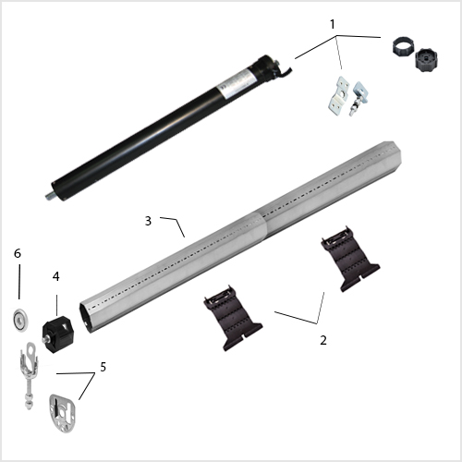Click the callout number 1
point(333,24)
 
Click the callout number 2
point(323,340)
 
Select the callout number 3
point(148,221)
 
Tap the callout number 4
point(55,276)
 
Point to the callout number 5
point(103,367)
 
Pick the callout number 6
point(18,253)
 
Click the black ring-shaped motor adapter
point(403,47)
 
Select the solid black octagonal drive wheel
point(426,60)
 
